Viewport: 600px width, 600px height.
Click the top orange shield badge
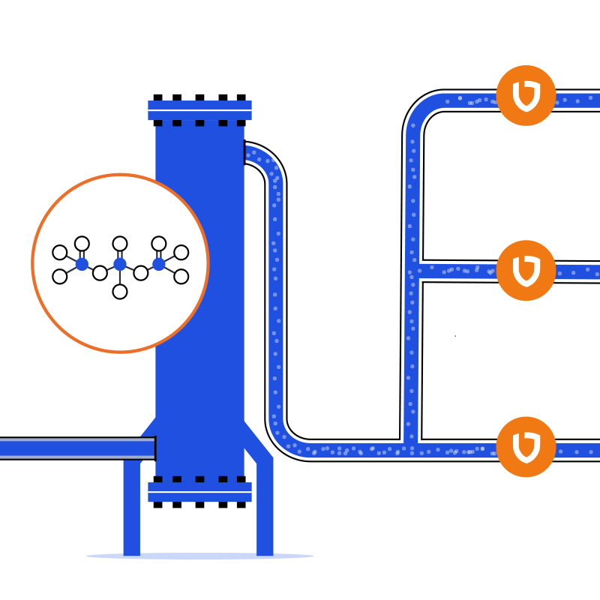526,96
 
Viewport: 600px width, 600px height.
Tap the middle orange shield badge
526,270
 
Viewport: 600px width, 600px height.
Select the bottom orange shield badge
526,447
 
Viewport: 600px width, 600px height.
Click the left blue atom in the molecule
82,264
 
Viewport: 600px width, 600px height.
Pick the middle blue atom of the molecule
120,264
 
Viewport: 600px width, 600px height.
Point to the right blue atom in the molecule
158,264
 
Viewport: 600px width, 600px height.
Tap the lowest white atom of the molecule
120,292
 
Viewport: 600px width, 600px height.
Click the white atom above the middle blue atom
120,243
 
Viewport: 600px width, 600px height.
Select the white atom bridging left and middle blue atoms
100,273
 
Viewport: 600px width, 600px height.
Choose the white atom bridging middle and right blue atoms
141,273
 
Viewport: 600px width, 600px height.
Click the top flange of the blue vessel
199,110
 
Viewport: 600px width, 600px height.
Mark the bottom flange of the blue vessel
199,492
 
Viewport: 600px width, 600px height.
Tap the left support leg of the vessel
132,510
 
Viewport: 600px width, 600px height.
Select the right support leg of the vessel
265,510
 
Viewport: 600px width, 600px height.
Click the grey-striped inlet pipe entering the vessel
75,448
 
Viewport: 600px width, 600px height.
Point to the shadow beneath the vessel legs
199,556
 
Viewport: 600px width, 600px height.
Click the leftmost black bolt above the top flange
157,97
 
